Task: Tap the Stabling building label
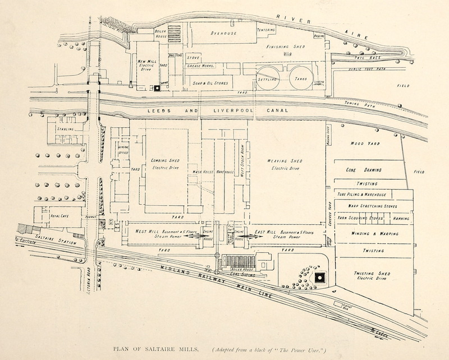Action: (65, 130)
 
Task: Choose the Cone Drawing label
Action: (366, 169)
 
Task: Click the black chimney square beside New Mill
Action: (158, 87)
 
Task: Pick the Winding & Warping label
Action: (366, 233)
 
